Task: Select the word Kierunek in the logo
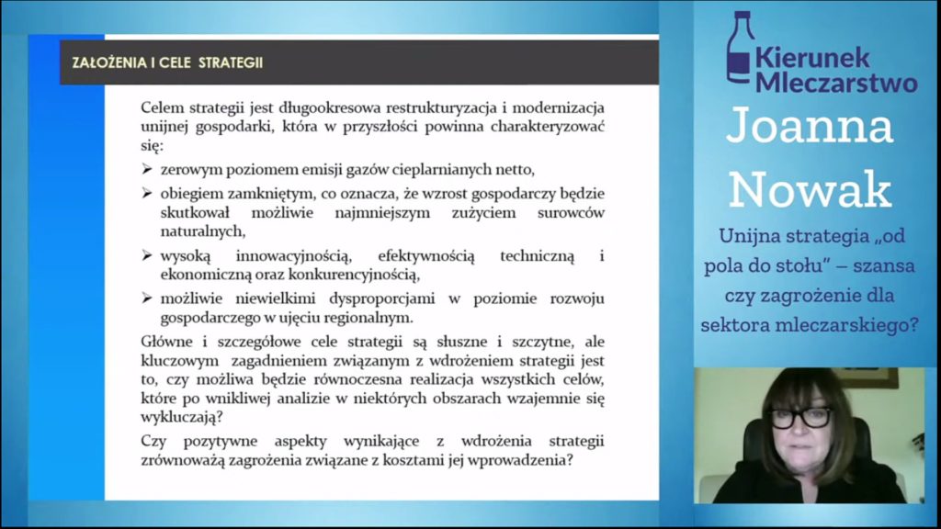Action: (x=812, y=58)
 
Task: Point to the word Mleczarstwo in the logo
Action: (x=836, y=82)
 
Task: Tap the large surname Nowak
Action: (x=811, y=189)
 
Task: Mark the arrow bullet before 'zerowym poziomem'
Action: (x=147, y=169)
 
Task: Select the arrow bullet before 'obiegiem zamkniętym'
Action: (x=147, y=193)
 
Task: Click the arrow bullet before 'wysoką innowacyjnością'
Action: (x=147, y=256)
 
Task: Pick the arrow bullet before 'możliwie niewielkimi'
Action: (x=147, y=298)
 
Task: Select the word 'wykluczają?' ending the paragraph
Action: (x=182, y=417)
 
